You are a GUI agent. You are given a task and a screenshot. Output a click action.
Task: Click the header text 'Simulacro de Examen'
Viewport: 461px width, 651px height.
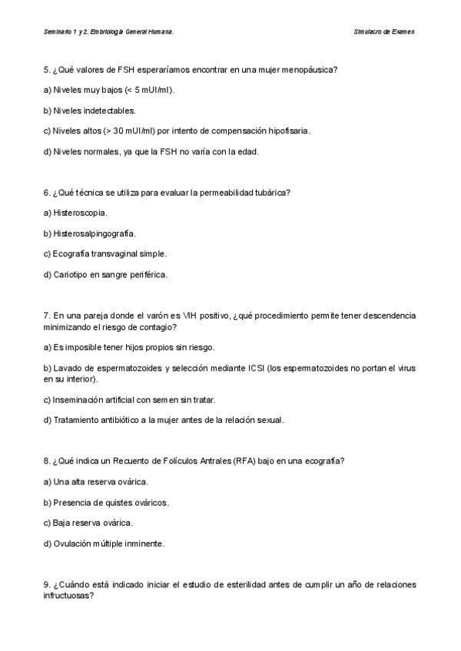click(x=384, y=32)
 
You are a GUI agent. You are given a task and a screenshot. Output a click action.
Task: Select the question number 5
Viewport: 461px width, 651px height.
click(x=47, y=70)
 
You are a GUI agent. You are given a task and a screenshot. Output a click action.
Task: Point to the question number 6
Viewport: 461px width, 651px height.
click(x=47, y=192)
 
